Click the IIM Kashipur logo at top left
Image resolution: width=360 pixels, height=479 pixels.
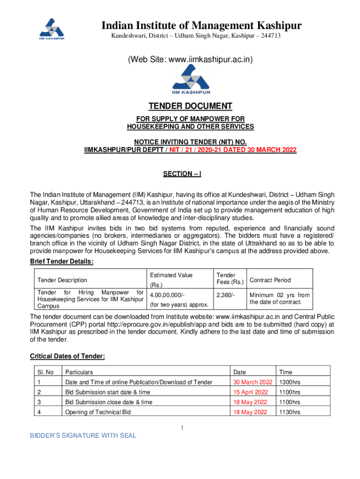[x=51, y=29]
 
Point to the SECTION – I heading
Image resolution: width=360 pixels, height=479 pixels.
[x=182, y=174]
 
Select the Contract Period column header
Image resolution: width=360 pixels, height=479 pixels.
[x=270, y=280]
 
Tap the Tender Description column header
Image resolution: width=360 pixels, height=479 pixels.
[x=62, y=280]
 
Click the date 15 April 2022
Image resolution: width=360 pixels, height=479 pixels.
[x=251, y=392]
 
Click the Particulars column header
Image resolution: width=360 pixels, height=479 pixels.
[x=80, y=372]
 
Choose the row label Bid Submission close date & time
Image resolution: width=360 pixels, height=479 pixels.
[x=108, y=402]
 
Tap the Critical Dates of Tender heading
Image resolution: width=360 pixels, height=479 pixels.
[x=67, y=356]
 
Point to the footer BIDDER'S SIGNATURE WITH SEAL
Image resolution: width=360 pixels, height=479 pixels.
[x=83, y=435]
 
